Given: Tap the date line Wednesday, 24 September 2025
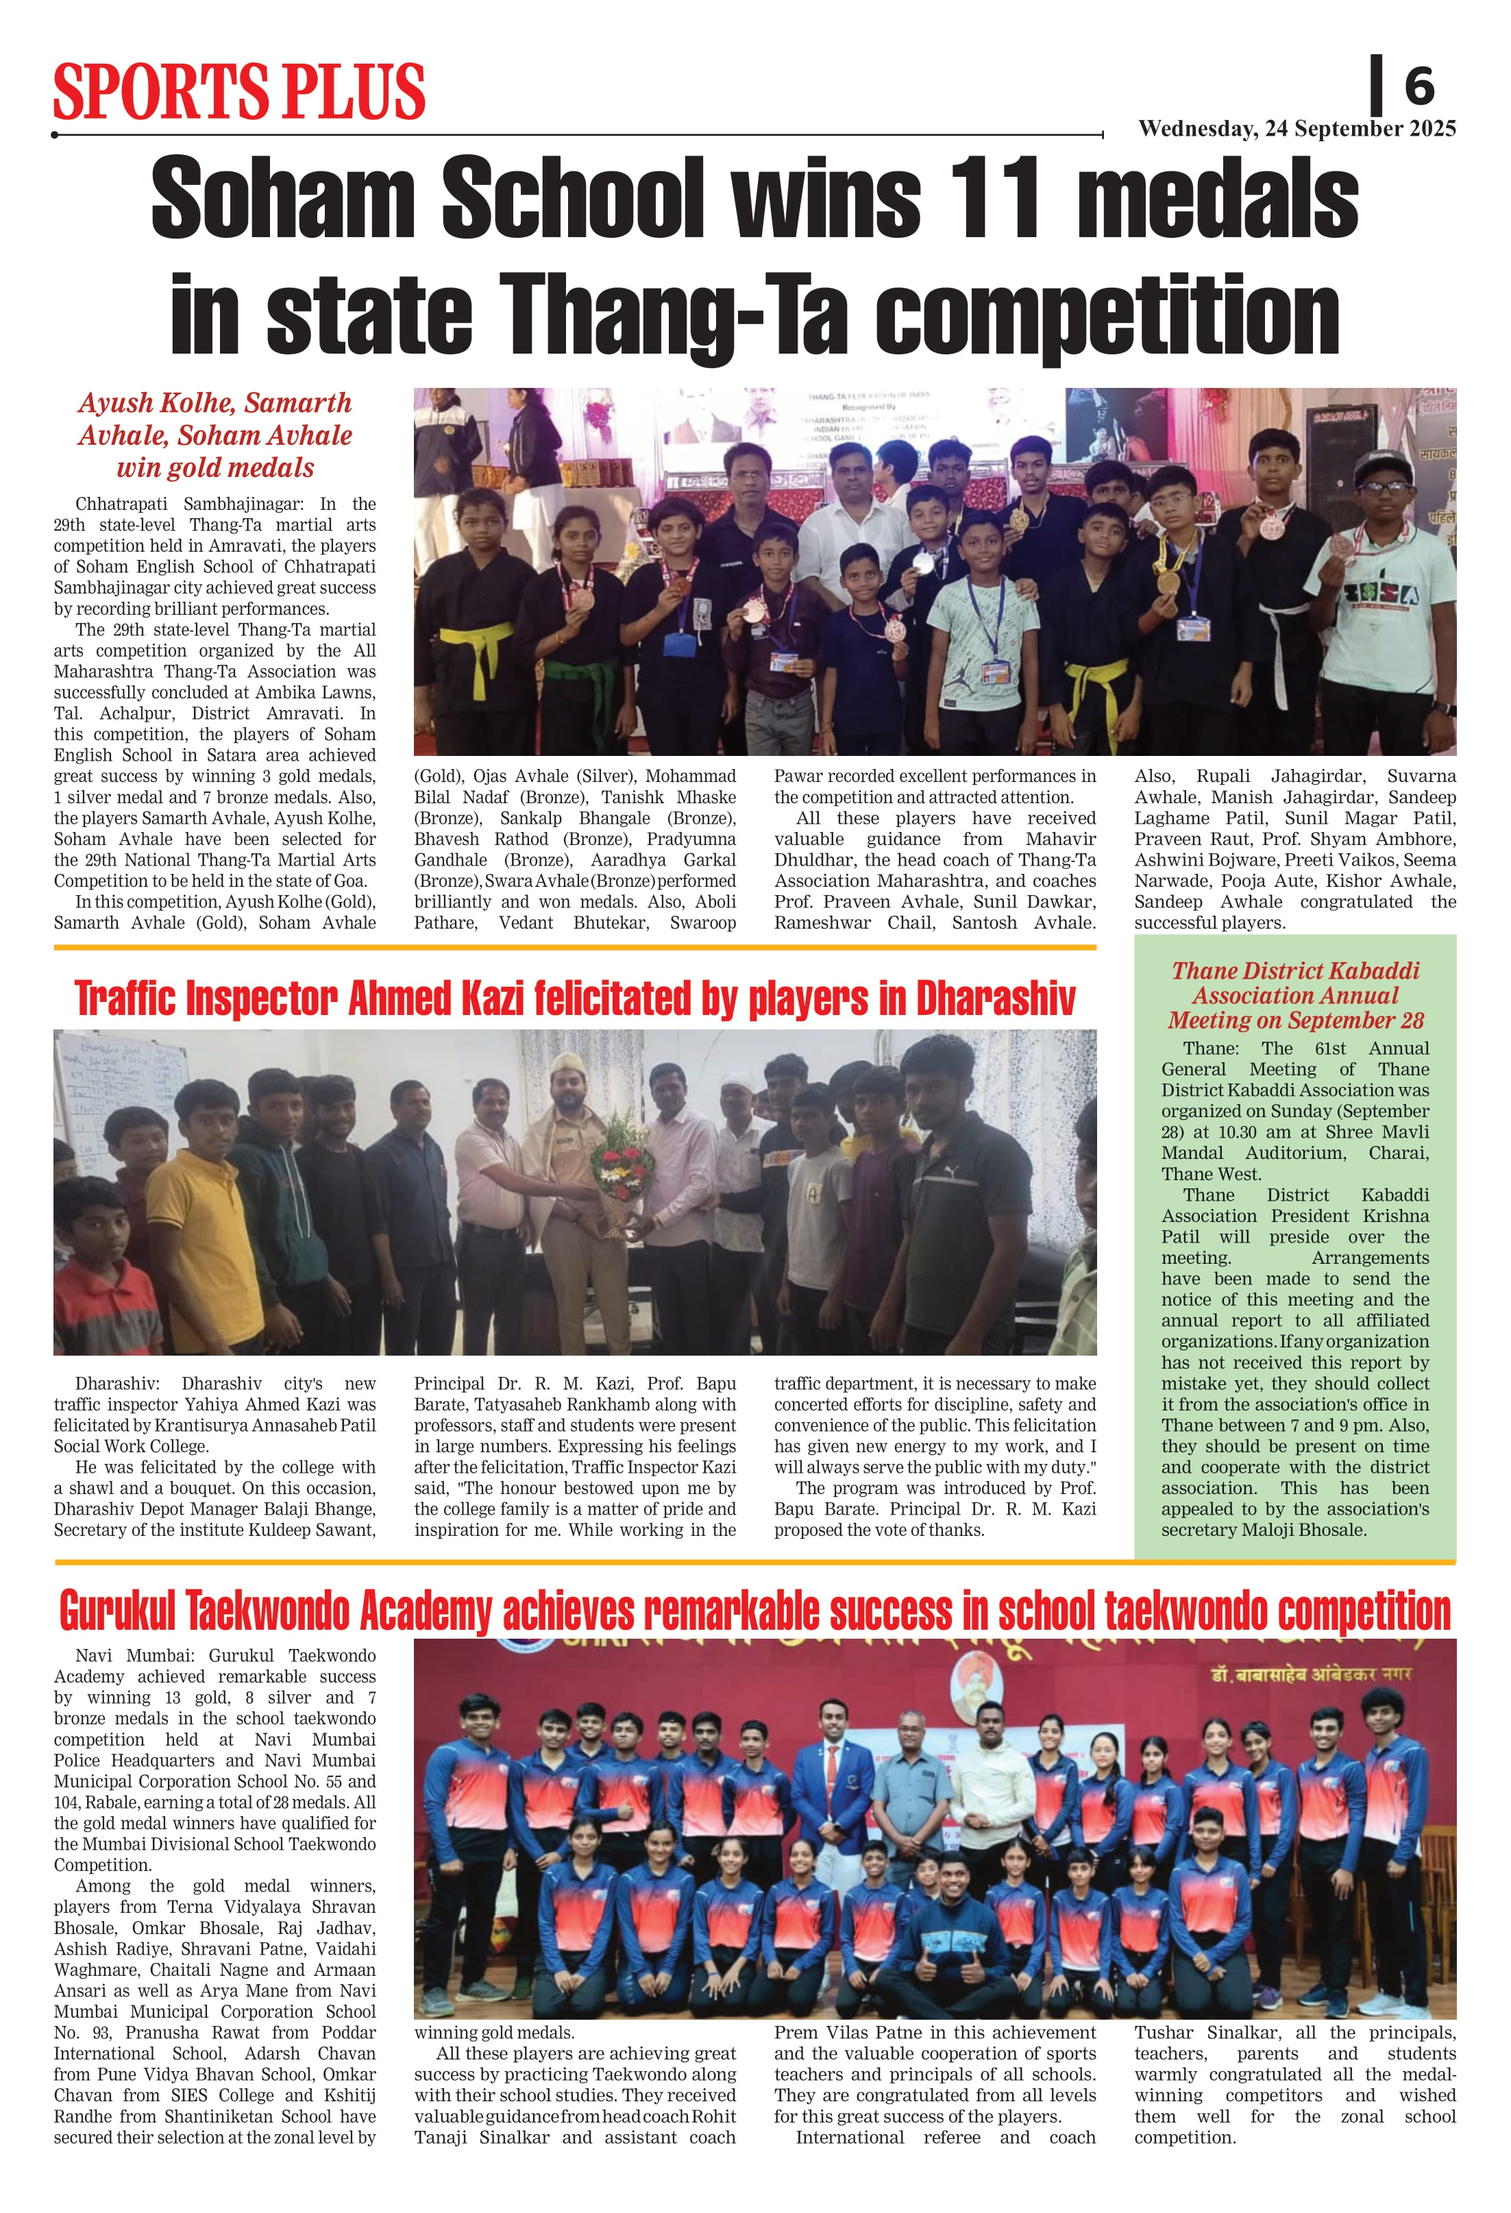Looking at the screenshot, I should coord(1297,130).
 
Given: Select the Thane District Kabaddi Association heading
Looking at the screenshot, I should coord(1295,995).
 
